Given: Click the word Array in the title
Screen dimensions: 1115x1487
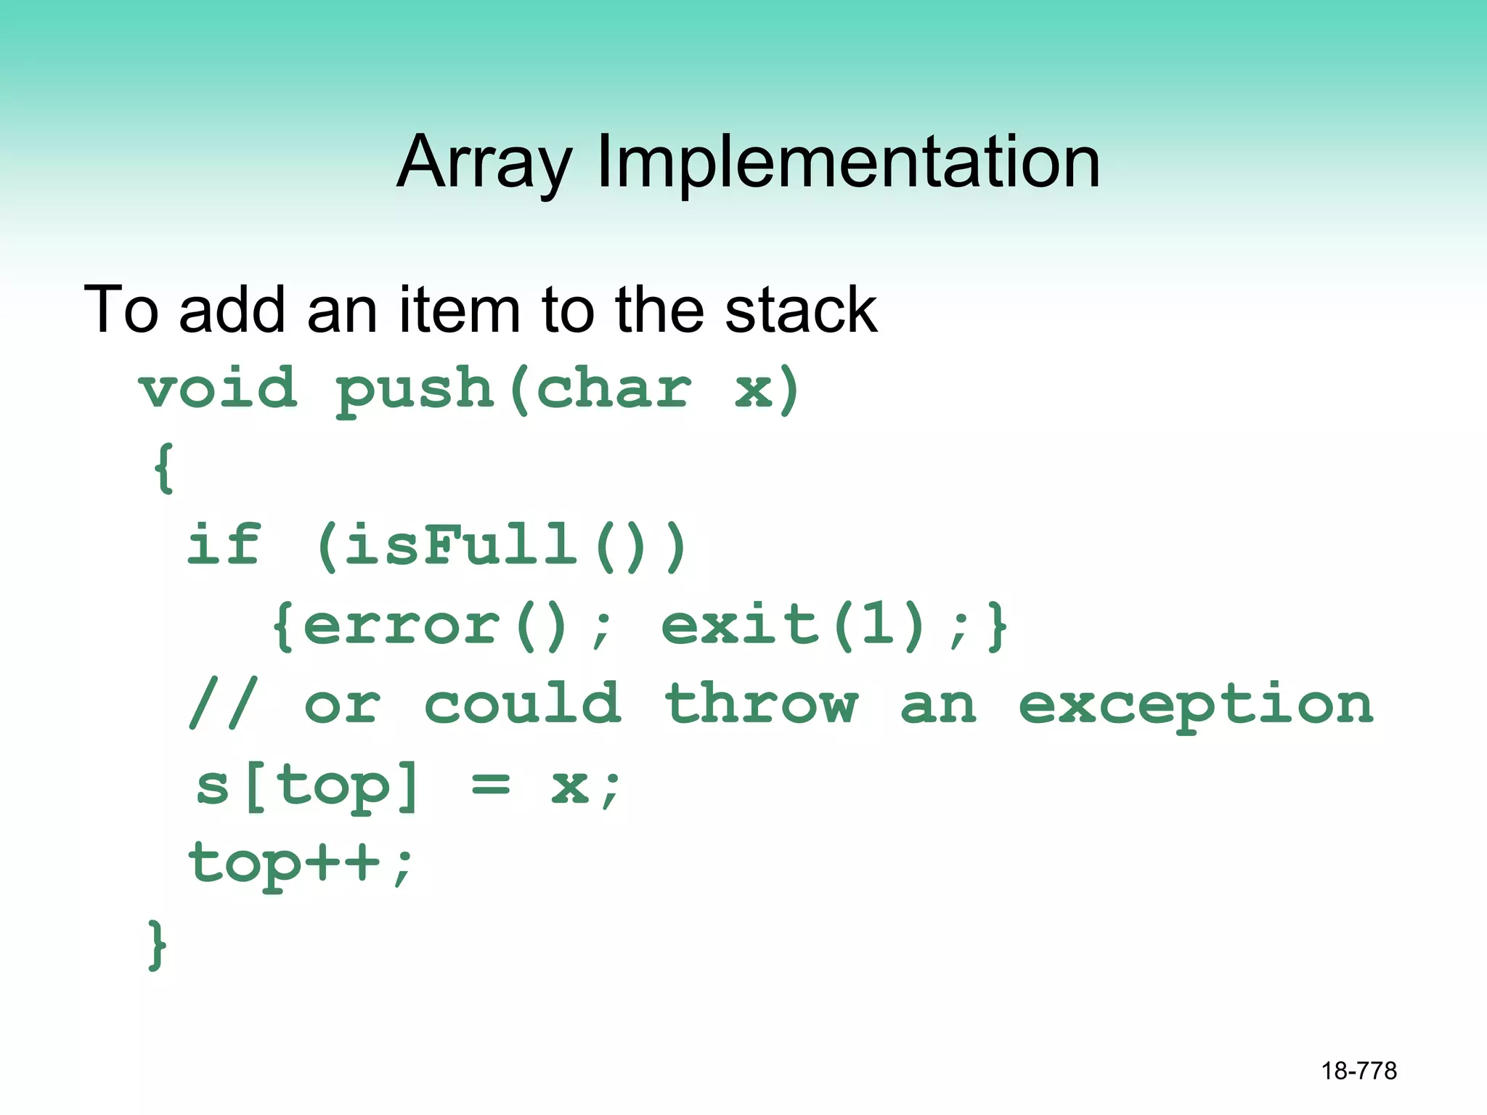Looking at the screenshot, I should (484, 163).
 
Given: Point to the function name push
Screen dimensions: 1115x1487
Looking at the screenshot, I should (415, 390).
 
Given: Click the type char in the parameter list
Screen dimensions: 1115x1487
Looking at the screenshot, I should (614, 390).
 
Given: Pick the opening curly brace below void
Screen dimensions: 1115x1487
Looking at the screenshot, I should (163, 469).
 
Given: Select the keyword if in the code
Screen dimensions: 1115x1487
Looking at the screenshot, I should (223, 544).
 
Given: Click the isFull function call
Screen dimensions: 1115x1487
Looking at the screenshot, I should (461, 544).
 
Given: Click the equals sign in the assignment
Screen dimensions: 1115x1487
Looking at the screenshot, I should (491, 785).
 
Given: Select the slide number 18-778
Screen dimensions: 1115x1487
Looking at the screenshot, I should (1358, 1071).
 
